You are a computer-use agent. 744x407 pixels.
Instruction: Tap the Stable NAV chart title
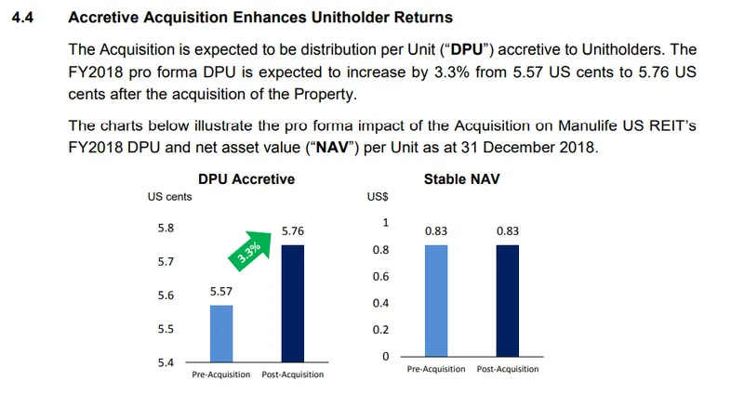point(463,178)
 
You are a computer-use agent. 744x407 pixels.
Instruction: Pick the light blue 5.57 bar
point(222,332)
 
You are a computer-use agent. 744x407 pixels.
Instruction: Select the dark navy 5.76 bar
point(293,302)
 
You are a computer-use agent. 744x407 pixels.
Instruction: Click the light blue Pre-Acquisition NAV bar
point(437,300)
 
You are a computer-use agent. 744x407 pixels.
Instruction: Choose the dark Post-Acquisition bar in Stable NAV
point(508,300)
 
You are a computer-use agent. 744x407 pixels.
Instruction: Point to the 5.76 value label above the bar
point(294,230)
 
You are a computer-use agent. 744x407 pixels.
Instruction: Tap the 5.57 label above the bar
point(222,291)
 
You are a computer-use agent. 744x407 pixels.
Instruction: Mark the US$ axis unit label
point(379,197)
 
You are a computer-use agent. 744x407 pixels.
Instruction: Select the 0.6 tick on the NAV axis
point(380,276)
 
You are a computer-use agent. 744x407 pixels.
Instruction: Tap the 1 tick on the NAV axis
point(385,223)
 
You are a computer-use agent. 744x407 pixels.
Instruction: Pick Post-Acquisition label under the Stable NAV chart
point(508,370)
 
